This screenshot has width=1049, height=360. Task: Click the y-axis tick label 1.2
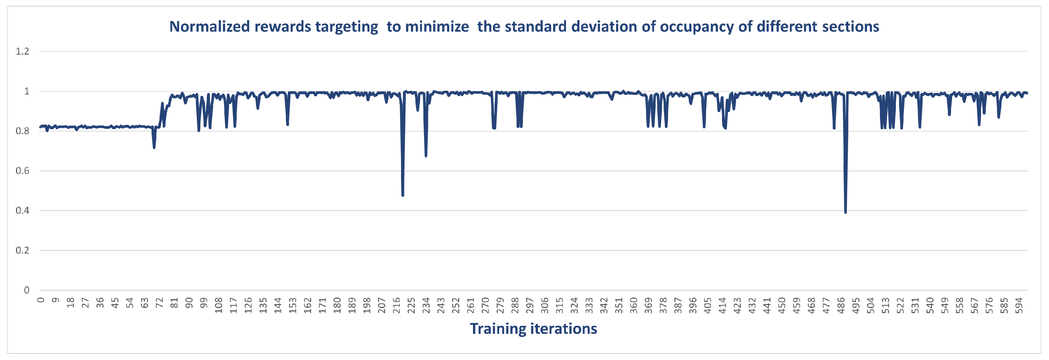pyautogui.click(x=22, y=51)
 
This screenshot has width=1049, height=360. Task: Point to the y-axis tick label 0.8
pyautogui.click(x=22, y=131)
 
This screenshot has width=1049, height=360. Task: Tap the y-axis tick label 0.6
pyautogui.click(x=22, y=171)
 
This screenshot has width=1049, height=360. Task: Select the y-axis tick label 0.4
pyautogui.click(x=22, y=211)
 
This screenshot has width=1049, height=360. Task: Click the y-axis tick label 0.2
pyautogui.click(x=22, y=251)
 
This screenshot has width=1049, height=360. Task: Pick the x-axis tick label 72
pyautogui.click(x=159, y=303)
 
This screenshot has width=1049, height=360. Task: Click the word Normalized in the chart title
pyautogui.click(x=209, y=27)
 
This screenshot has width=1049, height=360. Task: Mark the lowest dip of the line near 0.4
pyautogui.click(x=845, y=212)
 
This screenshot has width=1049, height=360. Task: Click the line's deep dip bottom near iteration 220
pyautogui.click(x=403, y=195)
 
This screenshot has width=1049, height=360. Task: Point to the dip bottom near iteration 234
pyautogui.click(x=426, y=155)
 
